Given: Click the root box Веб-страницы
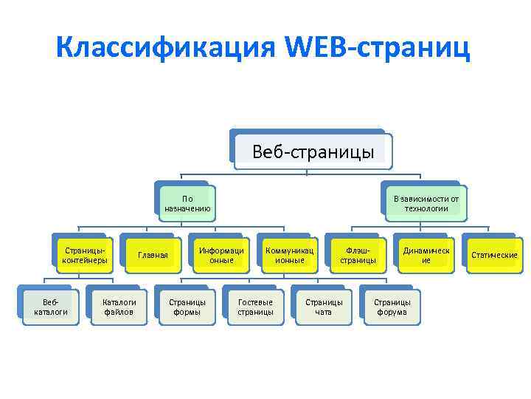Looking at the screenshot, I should [x=313, y=152].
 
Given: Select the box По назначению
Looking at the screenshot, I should [x=187, y=203].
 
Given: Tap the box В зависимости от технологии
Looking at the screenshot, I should [x=426, y=203].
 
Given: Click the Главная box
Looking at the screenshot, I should [x=153, y=255].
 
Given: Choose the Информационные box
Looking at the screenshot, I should [x=221, y=255].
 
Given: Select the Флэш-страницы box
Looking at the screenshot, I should [x=358, y=255].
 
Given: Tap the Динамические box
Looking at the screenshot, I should [x=426, y=255].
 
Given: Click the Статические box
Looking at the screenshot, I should [x=494, y=255].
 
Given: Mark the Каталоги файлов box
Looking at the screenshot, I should [x=119, y=307].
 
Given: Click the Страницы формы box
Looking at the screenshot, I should [x=187, y=307].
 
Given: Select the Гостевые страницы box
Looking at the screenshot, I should [x=255, y=307].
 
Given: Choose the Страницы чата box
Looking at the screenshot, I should [x=324, y=307].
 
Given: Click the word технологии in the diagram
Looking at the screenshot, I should [x=426, y=209].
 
